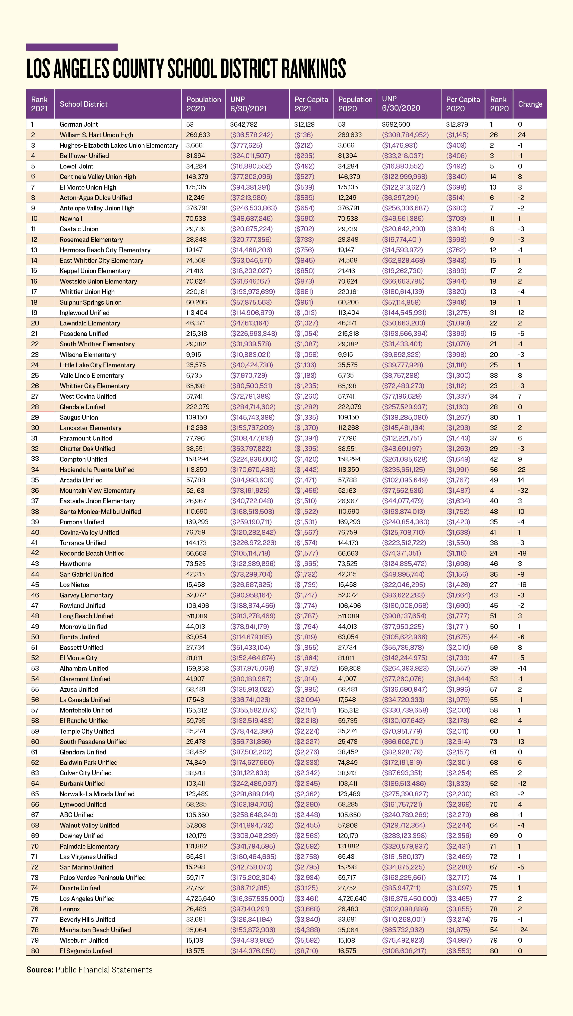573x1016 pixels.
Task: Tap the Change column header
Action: (530, 104)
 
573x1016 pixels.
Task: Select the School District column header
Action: (84, 104)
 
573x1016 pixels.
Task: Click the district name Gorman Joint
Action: (79, 124)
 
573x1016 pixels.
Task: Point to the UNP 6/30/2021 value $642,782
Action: (244, 124)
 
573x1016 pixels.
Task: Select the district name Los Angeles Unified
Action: (87, 898)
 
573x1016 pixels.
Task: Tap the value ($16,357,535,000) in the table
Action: (257, 898)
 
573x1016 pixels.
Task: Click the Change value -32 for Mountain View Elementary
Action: (523, 490)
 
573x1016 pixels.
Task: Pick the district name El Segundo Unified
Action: (86, 951)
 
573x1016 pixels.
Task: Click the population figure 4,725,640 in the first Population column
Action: (200, 898)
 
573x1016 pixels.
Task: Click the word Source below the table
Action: (39, 970)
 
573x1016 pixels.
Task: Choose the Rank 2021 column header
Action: (39, 104)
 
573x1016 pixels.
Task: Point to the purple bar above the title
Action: (72, 47)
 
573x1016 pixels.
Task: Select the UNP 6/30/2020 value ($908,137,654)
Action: (405, 616)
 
